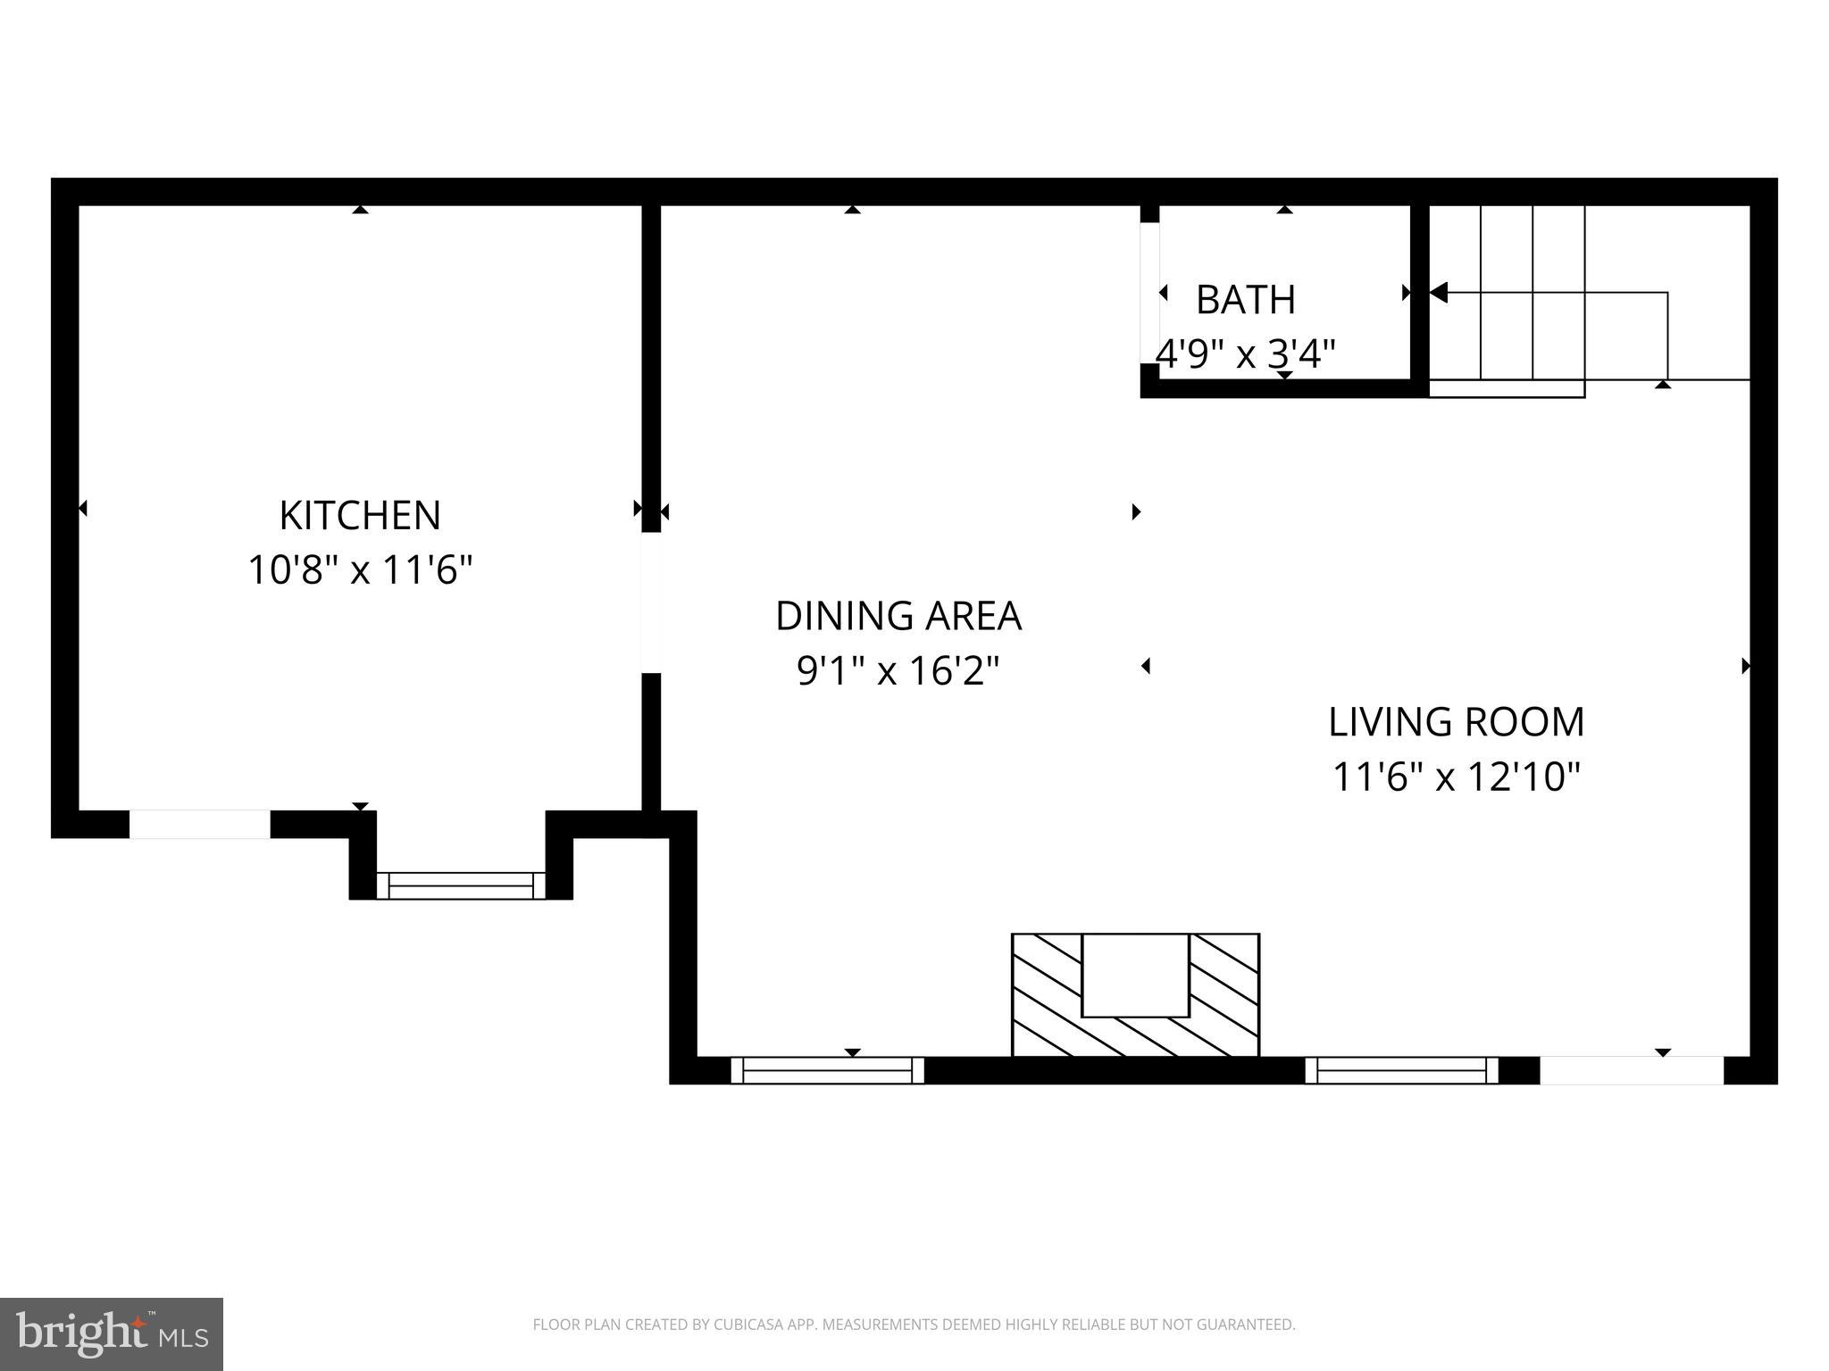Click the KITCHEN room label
(360, 516)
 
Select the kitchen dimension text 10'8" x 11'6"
(360, 570)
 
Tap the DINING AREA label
(898, 616)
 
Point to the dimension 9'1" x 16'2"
(898, 670)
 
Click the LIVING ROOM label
(1456, 722)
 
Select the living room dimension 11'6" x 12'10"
(1456, 777)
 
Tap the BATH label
(1245, 300)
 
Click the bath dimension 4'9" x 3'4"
(1245, 354)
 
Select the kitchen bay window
(461, 885)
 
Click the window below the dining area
(827, 1070)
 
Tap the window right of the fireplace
(1401, 1070)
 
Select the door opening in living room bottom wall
(1631, 1070)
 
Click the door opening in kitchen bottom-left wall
(200, 825)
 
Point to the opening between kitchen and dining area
(651, 602)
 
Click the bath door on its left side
(1149, 293)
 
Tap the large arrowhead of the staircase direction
(1438, 292)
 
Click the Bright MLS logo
(111, 1334)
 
